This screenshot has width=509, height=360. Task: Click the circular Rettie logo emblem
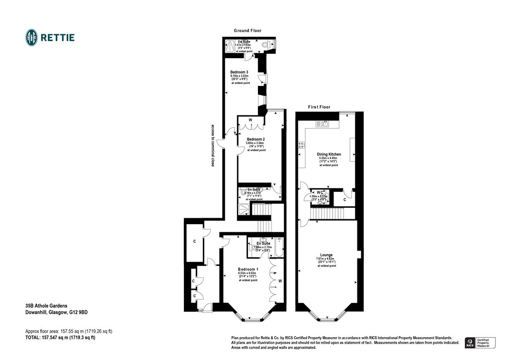(x=32, y=37)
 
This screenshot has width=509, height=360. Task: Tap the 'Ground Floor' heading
(x=248, y=31)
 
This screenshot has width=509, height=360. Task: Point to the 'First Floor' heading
(x=319, y=107)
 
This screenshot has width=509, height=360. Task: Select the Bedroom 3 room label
(x=239, y=72)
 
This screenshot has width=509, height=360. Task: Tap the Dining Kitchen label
(x=329, y=155)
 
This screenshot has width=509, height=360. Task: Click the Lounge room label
(x=327, y=255)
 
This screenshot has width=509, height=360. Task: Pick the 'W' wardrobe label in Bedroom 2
(x=250, y=120)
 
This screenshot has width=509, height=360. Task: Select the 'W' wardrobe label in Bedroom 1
(x=280, y=281)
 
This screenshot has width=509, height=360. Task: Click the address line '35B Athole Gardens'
(x=47, y=306)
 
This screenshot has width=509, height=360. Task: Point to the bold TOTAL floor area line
(x=60, y=337)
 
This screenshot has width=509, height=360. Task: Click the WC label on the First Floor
(x=320, y=192)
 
